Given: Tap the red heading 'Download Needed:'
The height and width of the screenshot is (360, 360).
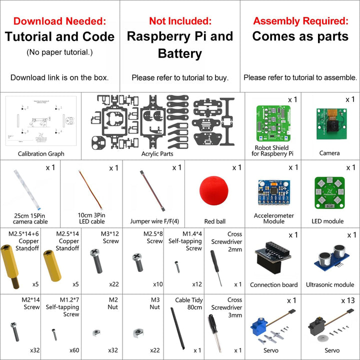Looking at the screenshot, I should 59,21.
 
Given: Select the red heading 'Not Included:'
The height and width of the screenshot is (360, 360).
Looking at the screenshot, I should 180,21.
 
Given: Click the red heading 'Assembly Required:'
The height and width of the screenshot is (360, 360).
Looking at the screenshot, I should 300,21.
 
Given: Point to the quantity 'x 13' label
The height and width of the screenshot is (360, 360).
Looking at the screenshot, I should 348,300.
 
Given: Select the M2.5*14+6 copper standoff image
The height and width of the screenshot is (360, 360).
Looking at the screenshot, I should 15,261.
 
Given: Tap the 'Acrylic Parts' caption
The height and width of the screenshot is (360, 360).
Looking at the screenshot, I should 157,154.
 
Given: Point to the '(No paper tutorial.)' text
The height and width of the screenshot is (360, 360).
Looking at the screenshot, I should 59,52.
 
